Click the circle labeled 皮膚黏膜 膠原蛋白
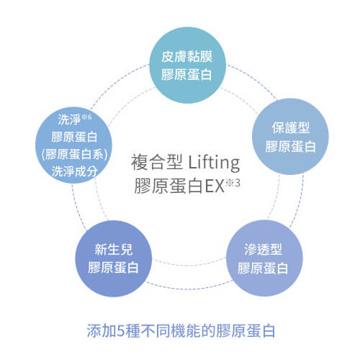pos(187,65)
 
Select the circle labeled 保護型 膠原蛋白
pos(290,136)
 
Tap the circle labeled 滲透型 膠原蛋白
pos(264,258)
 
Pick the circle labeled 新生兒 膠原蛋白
pos(114,258)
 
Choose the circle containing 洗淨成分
pos(73,145)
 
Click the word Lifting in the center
pos(214,163)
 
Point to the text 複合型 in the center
pos(156,162)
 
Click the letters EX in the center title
pos(215,186)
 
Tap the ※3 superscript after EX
pos(233,183)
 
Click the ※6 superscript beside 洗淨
pos(86,117)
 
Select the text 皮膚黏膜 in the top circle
pos(186,57)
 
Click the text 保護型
pos(291,127)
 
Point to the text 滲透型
pos(263,249)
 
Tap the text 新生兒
pos(113,249)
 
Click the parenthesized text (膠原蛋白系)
pos(74,154)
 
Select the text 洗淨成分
pos(74,171)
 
